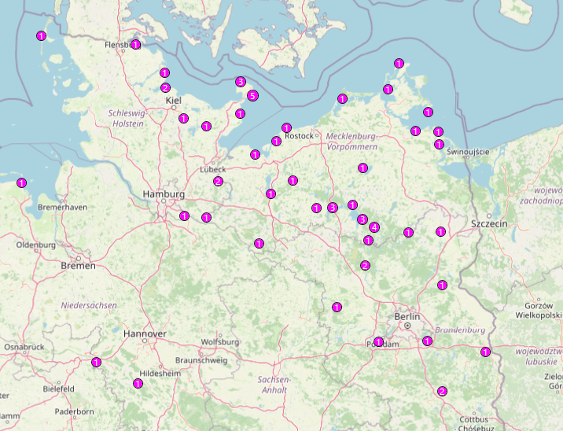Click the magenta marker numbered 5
pyautogui.click(x=252, y=96)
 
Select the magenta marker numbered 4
pyautogui.click(x=374, y=227)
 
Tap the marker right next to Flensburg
pyautogui.click(x=136, y=45)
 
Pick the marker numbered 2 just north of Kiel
pyautogui.click(x=165, y=87)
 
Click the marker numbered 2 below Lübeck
pyautogui.click(x=218, y=182)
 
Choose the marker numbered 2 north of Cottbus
pyautogui.click(x=442, y=391)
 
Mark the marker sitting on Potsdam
pyautogui.click(x=379, y=342)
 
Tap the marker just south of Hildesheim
pyautogui.click(x=138, y=383)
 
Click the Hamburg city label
pyautogui.click(x=164, y=194)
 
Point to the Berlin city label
pyautogui.click(x=408, y=316)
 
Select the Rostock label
pyautogui.click(x=300, y=136)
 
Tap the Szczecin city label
pyautogui.click(x=489, y=224)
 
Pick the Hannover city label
pyautogui.click(x=145, y=333)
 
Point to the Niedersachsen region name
pyautogui.click(x=89, y=304)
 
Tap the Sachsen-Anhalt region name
pyautogui.click(x=273, y=384)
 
